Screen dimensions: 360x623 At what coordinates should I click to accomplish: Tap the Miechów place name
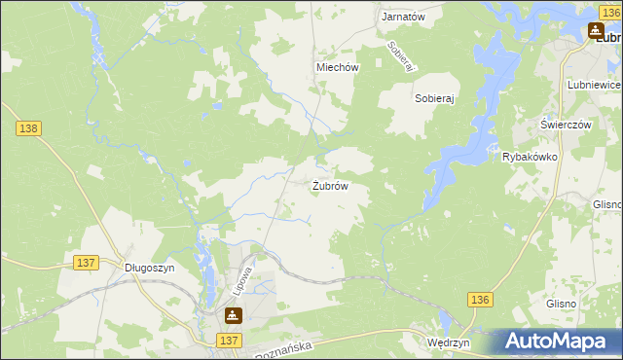pyautogui.click(x=338, y=67)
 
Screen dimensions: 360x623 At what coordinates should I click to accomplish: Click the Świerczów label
pyautogui.click(x=567, y=126)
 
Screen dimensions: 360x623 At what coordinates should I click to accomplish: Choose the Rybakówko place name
pyautogui.click(x=529, y=157)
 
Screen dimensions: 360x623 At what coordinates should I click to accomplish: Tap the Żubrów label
pyautogui.click(x=330, y=186)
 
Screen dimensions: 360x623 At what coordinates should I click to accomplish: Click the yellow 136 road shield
pyautogui.click(x=479, y=302)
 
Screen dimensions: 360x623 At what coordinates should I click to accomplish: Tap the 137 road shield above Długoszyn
pyautogui.click(x=86, y=263)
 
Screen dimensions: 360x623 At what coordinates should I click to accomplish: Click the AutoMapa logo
pyautogui.click(x=558, y=341)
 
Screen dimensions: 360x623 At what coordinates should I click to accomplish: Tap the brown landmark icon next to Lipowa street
pyautogui.click(x=233, y=315)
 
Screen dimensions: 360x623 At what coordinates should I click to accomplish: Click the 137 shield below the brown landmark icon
pyautogui.click(x=229, y=340)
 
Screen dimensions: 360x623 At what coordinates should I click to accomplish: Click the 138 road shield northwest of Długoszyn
pyautogui.click(x=27, y=127)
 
